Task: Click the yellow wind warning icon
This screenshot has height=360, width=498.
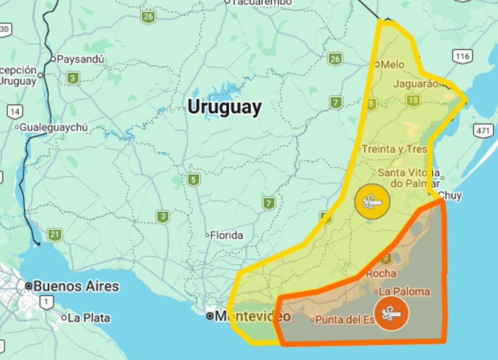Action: pyautogui.click(x=372, y=201)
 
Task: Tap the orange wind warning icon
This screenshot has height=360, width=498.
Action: pyautogui.click(x=391, y=314)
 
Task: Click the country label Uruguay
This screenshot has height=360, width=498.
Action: pyautogui.click(x=224, y=107)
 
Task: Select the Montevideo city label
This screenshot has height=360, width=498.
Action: pyautogui.click(x=252, y=316)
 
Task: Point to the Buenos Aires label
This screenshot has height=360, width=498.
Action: pyautogui.click(x=76, y=286)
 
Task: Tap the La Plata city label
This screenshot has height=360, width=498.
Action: pyautogui.click(x=89, y=318)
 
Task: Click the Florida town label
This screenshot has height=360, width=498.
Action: pyautogui.click(x=226, y=235)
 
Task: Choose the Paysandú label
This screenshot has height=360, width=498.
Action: pyautogui.click(x=80, y=59)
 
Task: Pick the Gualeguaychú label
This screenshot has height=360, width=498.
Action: pyautogui.click(x=53, y=128)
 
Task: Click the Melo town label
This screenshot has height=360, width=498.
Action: pyautogui.click(x=392, y=65)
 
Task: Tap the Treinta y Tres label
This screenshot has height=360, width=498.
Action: pyautogui.click(x=394, y=149)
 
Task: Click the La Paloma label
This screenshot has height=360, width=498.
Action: pyautogui.click(x=404, y=292)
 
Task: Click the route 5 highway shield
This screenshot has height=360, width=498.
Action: pyautogui.click(x=193, y=179)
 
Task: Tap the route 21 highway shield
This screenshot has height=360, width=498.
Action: pyautogui.click(x=54, y=234)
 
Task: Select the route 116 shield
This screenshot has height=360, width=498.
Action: pyautogui.click(x=462, y=56)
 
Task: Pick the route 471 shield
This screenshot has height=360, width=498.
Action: pyautogui.click(x=484, y=131)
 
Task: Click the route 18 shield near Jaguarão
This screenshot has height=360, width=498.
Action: pyautogui.click(x=413, y=100)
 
